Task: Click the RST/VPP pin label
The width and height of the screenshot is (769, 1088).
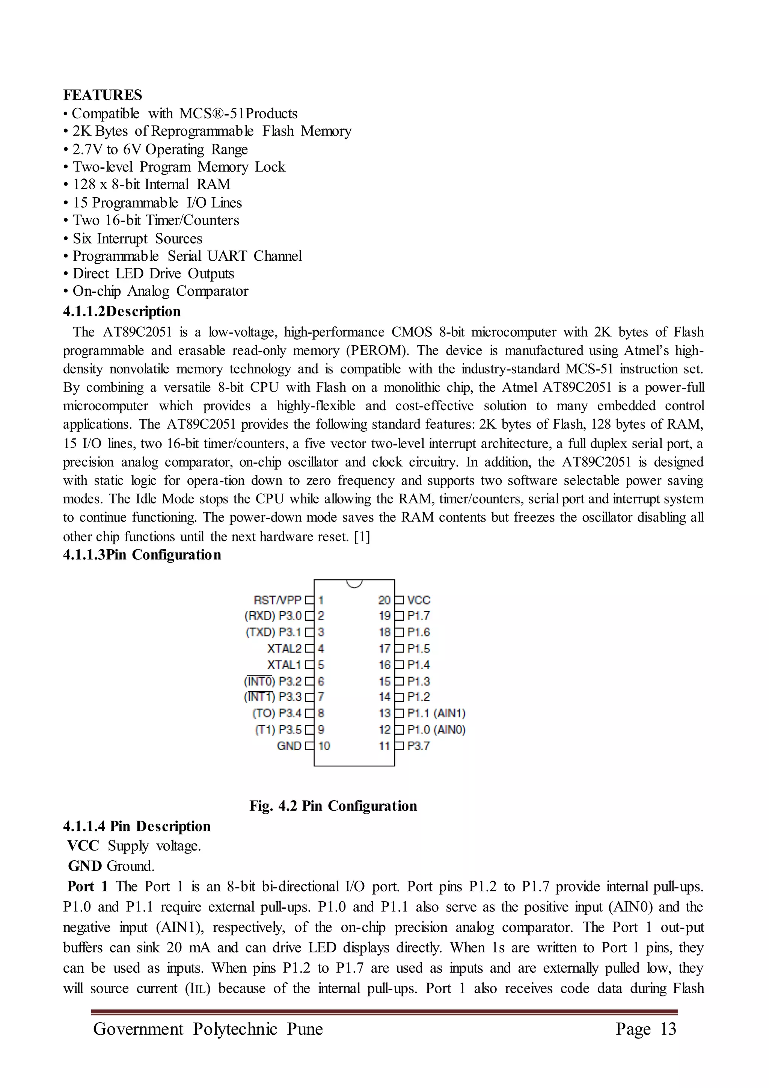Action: click(x=277, y=600)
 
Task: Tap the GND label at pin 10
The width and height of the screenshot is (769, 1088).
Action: click(x=289, y=746)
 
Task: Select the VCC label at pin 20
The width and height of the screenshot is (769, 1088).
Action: click(x=419, y=600)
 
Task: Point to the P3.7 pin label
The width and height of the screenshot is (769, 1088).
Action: click(x=418, y=746)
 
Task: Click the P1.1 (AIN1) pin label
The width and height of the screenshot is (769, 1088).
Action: click(x=436, y=714)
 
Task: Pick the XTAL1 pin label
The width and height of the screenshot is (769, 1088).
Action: click(x=284, y=665)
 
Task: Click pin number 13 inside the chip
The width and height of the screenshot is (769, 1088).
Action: click(x=384, y=714)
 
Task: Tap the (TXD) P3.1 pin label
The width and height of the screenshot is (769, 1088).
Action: click(x=273, y=633)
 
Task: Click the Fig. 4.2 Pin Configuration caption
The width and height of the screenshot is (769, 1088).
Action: click(x=333, y=806)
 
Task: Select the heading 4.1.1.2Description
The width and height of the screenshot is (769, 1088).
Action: click(x=122, y=312)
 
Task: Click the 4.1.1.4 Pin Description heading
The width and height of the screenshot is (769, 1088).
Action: click(x=136, y=827)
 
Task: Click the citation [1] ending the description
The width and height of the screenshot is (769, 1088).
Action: click(x=362, y=537)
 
